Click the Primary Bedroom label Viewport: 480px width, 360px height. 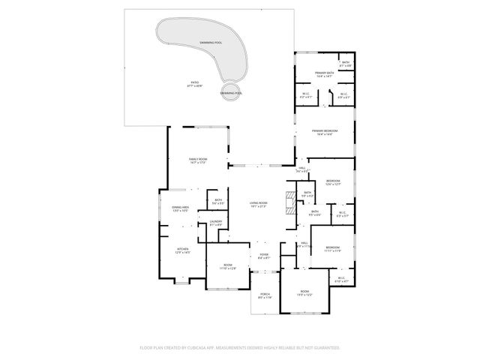tap(325, 132)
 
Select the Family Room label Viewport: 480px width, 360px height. tap(198, 160)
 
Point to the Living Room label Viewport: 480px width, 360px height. tap(259, 205)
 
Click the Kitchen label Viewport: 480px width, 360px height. tap(183, 250)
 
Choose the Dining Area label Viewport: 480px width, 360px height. tap(180, 208)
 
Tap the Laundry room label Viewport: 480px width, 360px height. tap(215, 223)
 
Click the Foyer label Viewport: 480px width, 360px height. tap(264, 256)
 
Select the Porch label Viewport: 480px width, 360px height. tap(265, 295)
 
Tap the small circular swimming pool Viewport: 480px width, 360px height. tap(231, 92)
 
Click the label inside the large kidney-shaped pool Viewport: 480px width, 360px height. tap(211, 43)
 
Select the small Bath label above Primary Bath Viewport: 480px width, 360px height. tap(345, 64)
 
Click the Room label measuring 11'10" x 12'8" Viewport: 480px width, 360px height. tap(226, 266)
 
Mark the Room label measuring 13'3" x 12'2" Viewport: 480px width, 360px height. tap(304, 292)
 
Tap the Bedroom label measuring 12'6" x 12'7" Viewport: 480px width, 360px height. tap(333, 182)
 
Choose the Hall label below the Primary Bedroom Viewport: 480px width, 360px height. tap(303, 170)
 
